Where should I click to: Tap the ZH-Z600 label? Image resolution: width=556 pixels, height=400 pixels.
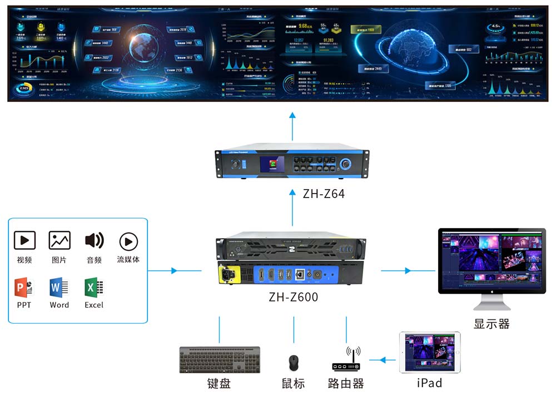tap(293, 297)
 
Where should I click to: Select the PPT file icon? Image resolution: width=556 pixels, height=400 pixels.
tap(23, 288)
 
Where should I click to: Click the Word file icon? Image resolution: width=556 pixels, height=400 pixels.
tap(58, 288)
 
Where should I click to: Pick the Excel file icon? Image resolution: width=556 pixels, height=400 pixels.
tap(94, 288)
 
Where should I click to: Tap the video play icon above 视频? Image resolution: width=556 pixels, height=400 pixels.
tap(24, 241)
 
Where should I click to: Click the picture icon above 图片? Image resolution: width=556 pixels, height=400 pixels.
tap(59, 241)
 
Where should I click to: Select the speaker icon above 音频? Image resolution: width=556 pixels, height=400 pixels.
tap(94, 241)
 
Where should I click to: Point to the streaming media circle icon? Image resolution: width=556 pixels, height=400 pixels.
tap(128, 241)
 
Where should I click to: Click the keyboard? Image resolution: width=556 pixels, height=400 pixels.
tap(220, 360)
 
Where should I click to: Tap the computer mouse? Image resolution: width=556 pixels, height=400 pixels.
tap(292, 363)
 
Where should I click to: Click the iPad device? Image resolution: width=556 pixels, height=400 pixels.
tap(430, 353)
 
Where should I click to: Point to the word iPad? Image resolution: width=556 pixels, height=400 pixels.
tap(429, 383)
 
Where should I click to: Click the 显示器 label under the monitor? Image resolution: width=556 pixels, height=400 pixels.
tap(492, 324)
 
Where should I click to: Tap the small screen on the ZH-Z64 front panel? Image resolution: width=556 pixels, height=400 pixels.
tap(272, 165)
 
